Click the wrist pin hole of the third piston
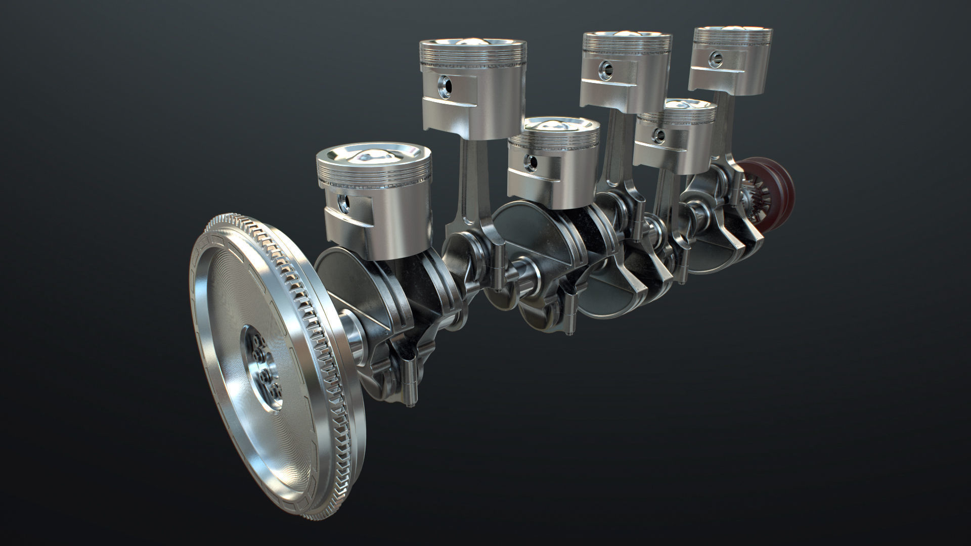click(530, 161)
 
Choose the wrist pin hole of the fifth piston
click(658, 134)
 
